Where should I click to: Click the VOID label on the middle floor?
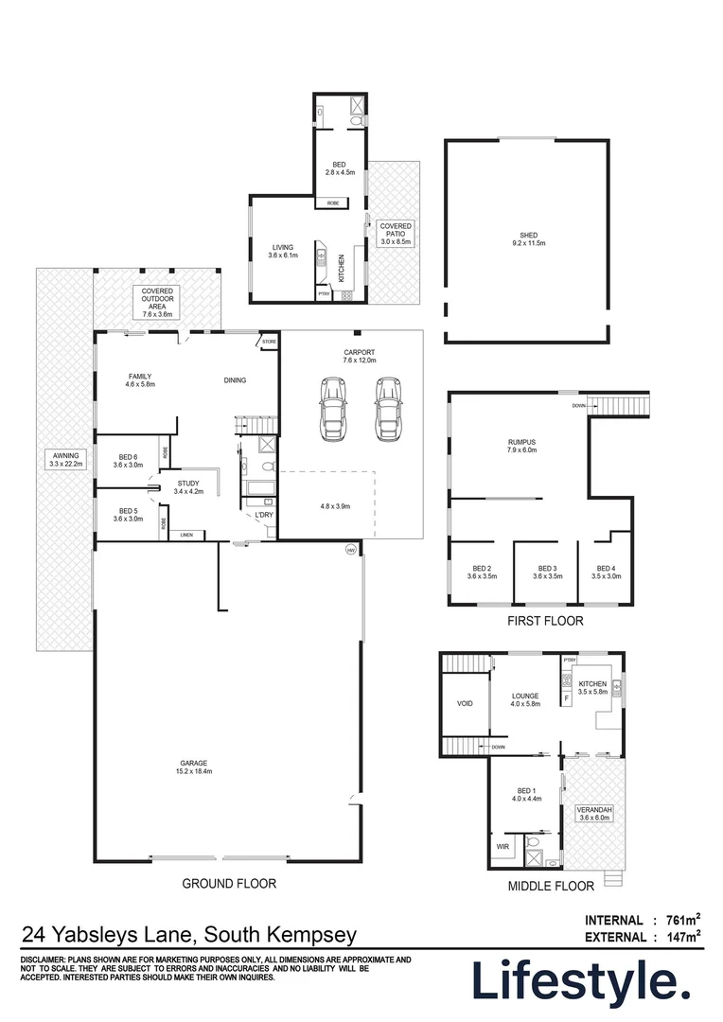click(464, 704)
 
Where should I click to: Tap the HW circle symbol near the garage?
click(350, 549)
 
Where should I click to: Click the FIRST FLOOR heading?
click(544, 622)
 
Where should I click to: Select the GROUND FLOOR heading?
click(229, 883)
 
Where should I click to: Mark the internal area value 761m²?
click(679, 920)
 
